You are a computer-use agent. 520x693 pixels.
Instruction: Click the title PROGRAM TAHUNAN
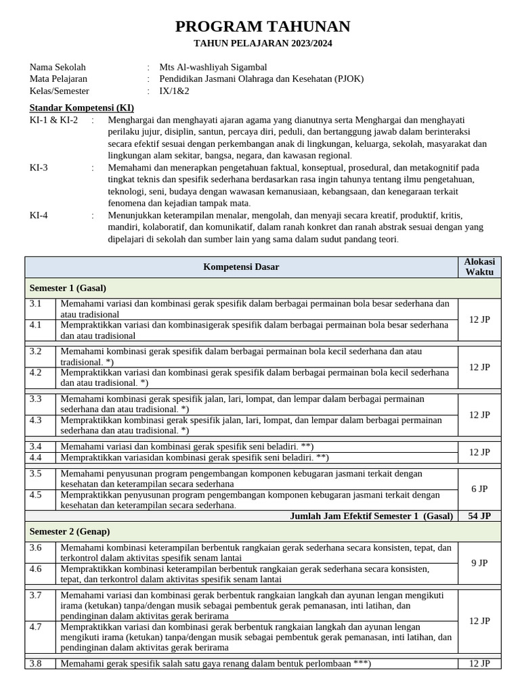point(263,26)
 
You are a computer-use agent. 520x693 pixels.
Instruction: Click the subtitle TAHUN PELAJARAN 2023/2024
point(263,44)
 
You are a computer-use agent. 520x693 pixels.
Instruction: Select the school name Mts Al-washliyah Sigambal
point(213,67)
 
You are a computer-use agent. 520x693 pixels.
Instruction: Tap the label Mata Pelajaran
point(58,79)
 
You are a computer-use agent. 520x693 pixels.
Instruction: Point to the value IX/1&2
point(174,91)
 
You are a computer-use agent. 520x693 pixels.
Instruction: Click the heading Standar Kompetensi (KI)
point(81,108)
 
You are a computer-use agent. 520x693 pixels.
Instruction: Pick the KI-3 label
point(39,167)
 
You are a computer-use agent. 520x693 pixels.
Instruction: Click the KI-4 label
point(39,215)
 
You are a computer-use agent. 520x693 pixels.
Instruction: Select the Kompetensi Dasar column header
point(241,267)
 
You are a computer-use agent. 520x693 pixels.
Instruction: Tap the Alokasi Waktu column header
point(479,267)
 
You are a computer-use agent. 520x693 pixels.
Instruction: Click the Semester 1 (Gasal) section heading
point(68,288)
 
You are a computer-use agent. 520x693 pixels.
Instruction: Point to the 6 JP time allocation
point(479,489)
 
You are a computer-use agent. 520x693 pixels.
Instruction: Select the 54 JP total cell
point(479,516)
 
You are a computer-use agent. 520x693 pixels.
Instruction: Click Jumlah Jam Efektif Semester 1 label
point(371,516)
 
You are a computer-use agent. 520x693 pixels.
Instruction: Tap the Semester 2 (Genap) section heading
point(70,531)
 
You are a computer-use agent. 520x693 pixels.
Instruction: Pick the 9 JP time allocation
point(479,562)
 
